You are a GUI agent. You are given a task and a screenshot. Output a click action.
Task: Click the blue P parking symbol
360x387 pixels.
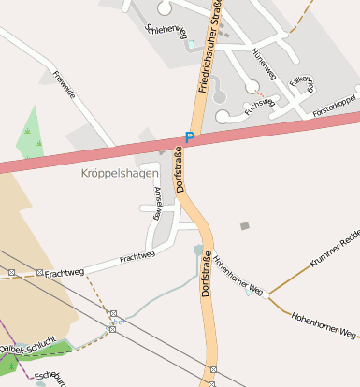(x=190, y=138)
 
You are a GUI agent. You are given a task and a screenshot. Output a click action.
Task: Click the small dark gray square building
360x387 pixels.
(x=245, y=225)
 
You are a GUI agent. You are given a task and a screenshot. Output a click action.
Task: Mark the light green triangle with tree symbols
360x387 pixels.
(x=31, y=134)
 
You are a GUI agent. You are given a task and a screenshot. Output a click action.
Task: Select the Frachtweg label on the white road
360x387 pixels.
(x=137, y=256)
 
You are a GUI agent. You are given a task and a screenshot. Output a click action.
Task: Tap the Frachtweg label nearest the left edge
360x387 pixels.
(x=64, y=272)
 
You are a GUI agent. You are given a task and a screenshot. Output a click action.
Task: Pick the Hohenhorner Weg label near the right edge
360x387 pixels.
(x=324, y=324)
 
